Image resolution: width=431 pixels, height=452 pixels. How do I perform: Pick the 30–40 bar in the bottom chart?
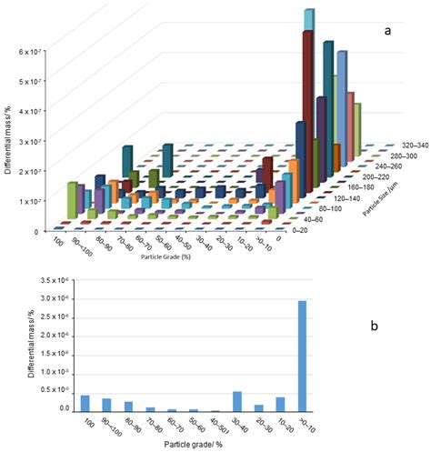[x=236, y=401]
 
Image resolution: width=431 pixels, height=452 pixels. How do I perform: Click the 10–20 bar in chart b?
[x=281, y=404]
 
